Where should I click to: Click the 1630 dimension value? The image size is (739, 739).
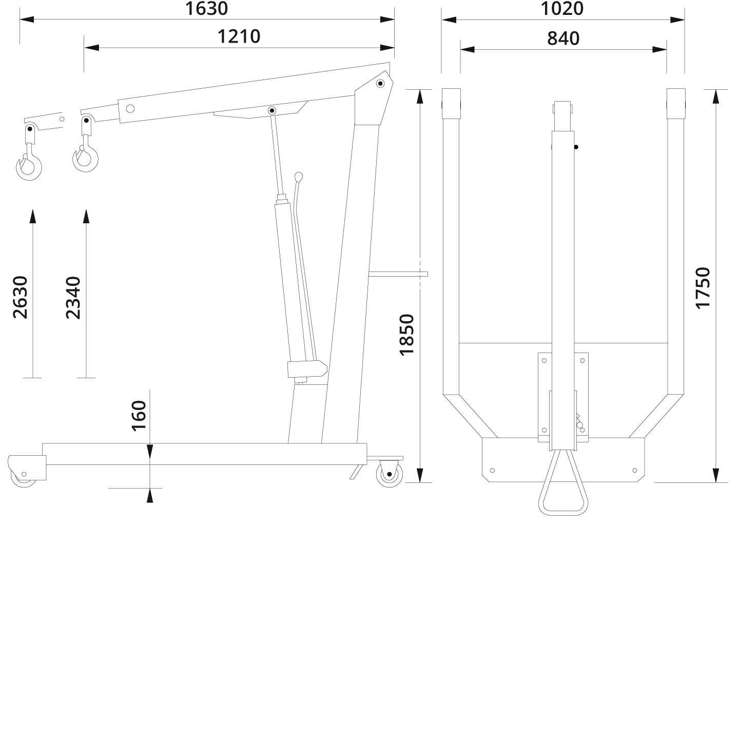tap(206, 9)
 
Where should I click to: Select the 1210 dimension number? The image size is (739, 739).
tap(239, 36)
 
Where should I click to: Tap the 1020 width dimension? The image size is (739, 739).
tap(562, 9)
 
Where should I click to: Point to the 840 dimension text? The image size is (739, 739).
tap(563, 38)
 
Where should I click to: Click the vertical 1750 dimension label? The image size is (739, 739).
tap(703, 287)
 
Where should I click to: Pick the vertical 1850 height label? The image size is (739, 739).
tap(406, 335)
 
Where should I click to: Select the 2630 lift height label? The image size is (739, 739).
tap(20, 297)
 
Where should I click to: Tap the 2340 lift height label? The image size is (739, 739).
tap(73, 297)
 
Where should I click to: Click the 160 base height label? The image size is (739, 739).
tap(139, 416)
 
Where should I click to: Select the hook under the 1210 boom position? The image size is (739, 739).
tap(85, 157)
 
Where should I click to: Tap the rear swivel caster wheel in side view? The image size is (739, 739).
tap(389, 473)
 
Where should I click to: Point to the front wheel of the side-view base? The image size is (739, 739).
tap(23, 475)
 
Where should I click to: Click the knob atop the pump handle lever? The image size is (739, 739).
tap(299, 176)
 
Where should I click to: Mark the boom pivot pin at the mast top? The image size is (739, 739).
tap(380, 83)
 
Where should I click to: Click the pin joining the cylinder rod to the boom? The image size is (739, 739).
tap(271, 110)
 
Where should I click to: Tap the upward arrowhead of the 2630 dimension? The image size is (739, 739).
tap(33, 216)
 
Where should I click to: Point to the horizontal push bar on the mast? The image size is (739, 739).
tap(398, 274)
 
